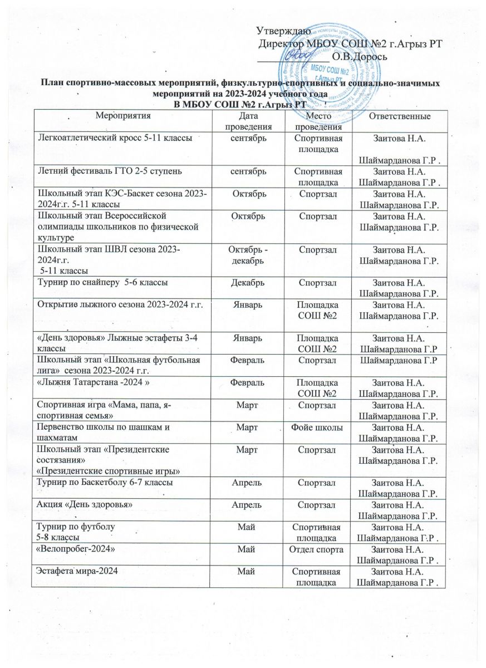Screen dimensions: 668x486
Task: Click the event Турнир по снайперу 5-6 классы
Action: tap(102, 282)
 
